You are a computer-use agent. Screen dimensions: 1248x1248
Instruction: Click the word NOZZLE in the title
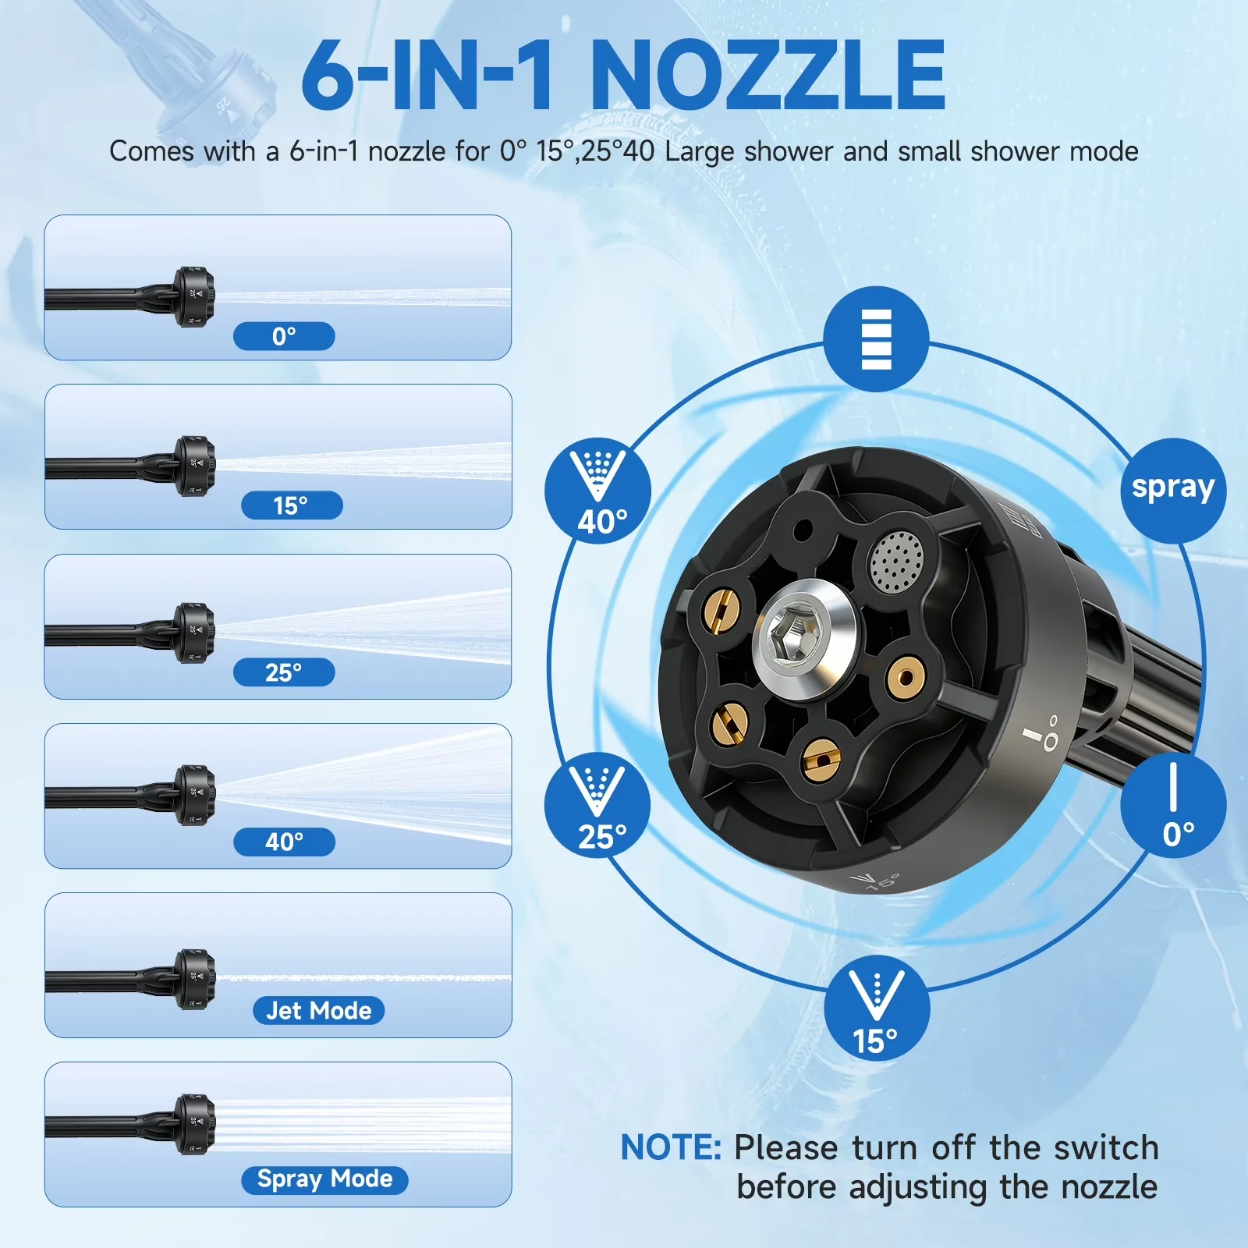[x=768, y=75]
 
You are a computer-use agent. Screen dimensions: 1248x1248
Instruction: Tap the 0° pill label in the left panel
[x=284, y=336]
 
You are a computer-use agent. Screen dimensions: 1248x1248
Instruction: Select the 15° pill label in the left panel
[x=292, y=505]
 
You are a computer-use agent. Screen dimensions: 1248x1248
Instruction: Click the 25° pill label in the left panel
[x=284, y=672]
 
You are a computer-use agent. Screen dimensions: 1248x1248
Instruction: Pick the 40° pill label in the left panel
[x=284, y=842]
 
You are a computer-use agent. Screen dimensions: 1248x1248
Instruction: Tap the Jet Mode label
[x=318, y=1010]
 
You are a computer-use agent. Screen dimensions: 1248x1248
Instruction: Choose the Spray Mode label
[x=324, y=1179]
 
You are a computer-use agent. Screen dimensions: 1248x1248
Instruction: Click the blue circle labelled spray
[x=1173, y=491]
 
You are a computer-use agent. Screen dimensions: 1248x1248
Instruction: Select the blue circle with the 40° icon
[x=597, y=491]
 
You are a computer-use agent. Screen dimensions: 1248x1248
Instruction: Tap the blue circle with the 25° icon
[x=597, y=806]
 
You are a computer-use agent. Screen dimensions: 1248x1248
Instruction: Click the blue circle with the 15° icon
[x=877, y=1008]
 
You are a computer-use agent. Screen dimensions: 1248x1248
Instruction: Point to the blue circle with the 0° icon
[x=1173, y=806]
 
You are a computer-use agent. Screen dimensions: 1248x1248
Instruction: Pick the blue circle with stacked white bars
[x=876, y=339]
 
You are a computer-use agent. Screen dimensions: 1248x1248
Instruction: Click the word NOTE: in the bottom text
[x=671, y=1147]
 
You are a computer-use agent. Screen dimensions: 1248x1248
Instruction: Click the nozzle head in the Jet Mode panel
[x=193, y=979]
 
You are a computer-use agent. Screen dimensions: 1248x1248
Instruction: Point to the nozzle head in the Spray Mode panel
[x=193, y=1124]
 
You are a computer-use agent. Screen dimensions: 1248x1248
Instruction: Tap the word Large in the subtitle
[x=700, y=152]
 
